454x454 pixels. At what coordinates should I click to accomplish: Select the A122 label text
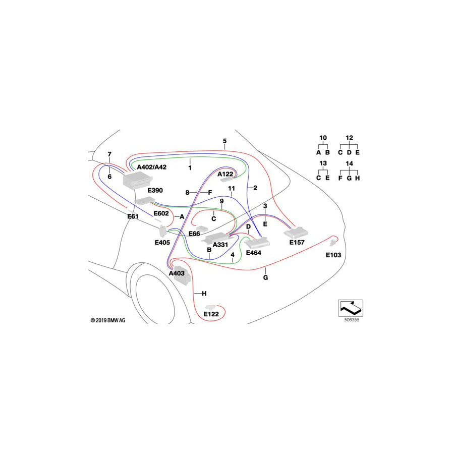pos(225,174)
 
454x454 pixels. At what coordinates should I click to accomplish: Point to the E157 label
pos(297,243)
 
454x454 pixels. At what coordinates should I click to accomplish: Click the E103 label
pos(333,255)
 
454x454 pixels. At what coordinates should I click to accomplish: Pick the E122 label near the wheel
pos(211,314)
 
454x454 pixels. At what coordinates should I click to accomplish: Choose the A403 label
pos(177,273)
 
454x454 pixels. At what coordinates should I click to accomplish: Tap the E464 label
pos(254,252)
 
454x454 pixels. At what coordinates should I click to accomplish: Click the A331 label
pos(220,245)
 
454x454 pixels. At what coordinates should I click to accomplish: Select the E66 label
pos(194,234)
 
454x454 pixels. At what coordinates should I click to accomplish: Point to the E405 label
pos(162,242)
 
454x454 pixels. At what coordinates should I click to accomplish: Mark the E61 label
pos(133,216)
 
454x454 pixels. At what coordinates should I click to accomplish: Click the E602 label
pos(161,213)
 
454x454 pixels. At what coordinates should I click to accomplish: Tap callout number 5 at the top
pos(225,140)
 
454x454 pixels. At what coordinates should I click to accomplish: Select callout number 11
pos(232,188)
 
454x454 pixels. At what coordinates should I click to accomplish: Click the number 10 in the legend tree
pos(323,138)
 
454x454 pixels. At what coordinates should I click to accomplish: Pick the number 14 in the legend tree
pos(349,163)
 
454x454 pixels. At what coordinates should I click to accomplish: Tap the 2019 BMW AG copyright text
pos(108,320)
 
